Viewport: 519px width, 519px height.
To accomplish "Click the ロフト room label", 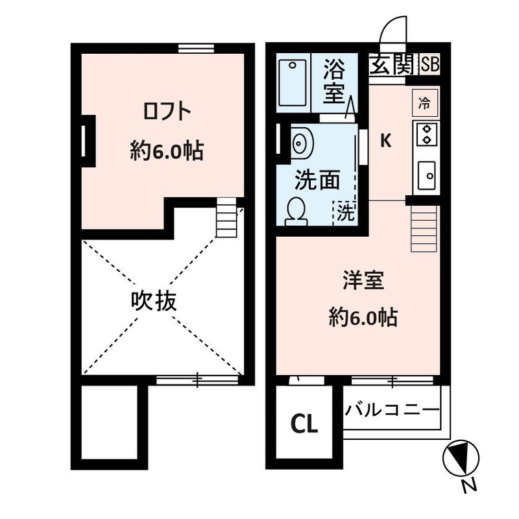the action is tap(167, 112).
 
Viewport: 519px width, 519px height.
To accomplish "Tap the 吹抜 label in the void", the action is tap(154, 301).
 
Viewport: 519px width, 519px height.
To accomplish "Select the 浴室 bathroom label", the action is tap(334, 81).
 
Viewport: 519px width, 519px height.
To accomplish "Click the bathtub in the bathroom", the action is tap(293, 83).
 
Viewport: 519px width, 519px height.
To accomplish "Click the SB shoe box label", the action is tap(430, 64).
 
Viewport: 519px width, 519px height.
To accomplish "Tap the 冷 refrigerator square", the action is tap(425, 103).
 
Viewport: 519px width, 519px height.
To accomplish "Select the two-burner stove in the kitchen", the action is tap(426, 134).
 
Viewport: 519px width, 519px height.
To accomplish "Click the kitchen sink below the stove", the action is tap(427, 175).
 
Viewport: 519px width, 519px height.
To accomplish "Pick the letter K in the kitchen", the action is tap(385, 141).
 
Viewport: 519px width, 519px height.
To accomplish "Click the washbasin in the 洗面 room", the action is tap(302, 143).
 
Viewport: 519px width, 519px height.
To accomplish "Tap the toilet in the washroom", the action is tap(296, 212).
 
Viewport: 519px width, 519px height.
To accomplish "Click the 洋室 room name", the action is tap(363, 281).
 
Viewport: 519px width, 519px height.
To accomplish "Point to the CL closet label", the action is tap(304, 424).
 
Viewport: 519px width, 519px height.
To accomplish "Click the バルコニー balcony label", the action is tap(392, 411).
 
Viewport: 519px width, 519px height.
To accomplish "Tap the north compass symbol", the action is tap(461, 458).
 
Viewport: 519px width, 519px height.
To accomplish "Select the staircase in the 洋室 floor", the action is tap(424, 229).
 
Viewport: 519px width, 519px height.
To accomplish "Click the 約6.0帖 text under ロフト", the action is tap(167, 151).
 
